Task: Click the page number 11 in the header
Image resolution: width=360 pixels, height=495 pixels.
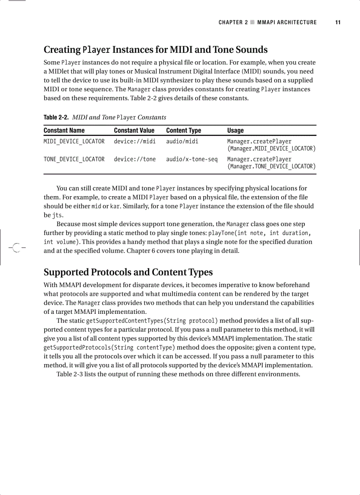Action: [337, 22]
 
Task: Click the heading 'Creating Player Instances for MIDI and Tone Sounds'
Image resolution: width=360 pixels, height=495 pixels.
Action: [155, 49]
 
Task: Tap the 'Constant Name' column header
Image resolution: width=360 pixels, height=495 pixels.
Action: [64, 130]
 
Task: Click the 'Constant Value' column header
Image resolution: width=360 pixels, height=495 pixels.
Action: [134, 130]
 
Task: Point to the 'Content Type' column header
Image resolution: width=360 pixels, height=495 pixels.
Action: [184, 130]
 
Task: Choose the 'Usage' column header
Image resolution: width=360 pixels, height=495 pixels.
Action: [235, 130]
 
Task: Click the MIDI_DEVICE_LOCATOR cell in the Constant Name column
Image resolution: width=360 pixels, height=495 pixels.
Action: [74, 141]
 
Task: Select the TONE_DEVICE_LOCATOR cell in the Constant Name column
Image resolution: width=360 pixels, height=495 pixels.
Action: [74, 159]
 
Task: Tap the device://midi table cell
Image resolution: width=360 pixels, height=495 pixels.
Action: [135, 141]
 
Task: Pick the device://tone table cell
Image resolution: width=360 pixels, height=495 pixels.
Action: [135, 159]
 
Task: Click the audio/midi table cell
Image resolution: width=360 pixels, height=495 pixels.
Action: [182, 141]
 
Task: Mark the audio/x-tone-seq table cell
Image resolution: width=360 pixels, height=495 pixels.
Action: [191, 159]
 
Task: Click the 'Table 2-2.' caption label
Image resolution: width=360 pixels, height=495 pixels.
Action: [56, 117]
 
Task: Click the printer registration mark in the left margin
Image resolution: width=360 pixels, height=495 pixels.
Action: [16, 248]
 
